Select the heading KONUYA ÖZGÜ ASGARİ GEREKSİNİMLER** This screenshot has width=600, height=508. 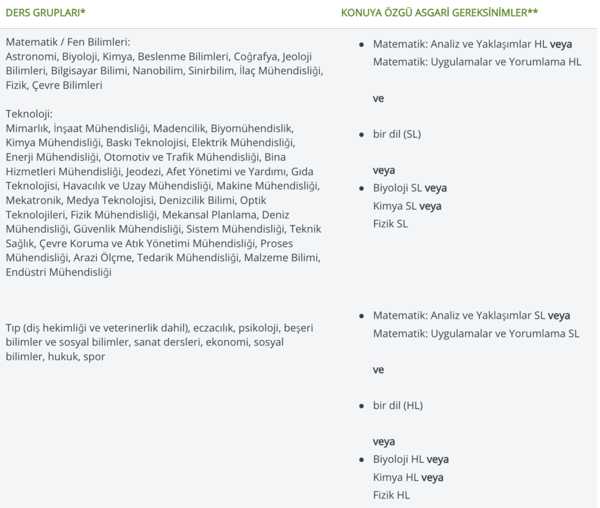439,12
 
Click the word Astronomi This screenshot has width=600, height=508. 28,57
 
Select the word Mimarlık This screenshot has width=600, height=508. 26,128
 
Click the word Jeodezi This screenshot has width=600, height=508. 145,171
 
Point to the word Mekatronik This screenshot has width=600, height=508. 31,200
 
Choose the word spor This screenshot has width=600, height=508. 94,356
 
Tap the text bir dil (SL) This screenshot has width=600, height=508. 397,134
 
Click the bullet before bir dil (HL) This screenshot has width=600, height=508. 362,405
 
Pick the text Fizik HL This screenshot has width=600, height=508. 391,495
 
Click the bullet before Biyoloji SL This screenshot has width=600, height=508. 362,189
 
